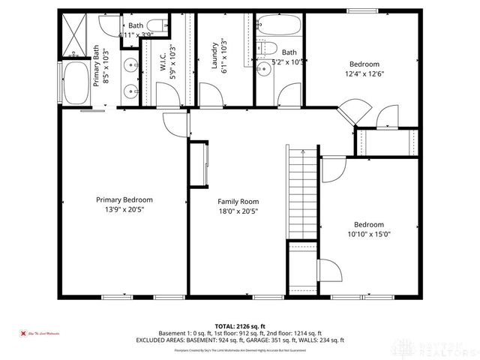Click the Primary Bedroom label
(124, 199)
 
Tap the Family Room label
(238, 202)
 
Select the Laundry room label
(214, 55)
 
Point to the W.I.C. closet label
(162, 59)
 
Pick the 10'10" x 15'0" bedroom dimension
(368, 233)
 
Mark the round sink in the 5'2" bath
(264, 69)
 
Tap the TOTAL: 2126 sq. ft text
(239, 325)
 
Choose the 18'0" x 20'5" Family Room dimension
(238, 211)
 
